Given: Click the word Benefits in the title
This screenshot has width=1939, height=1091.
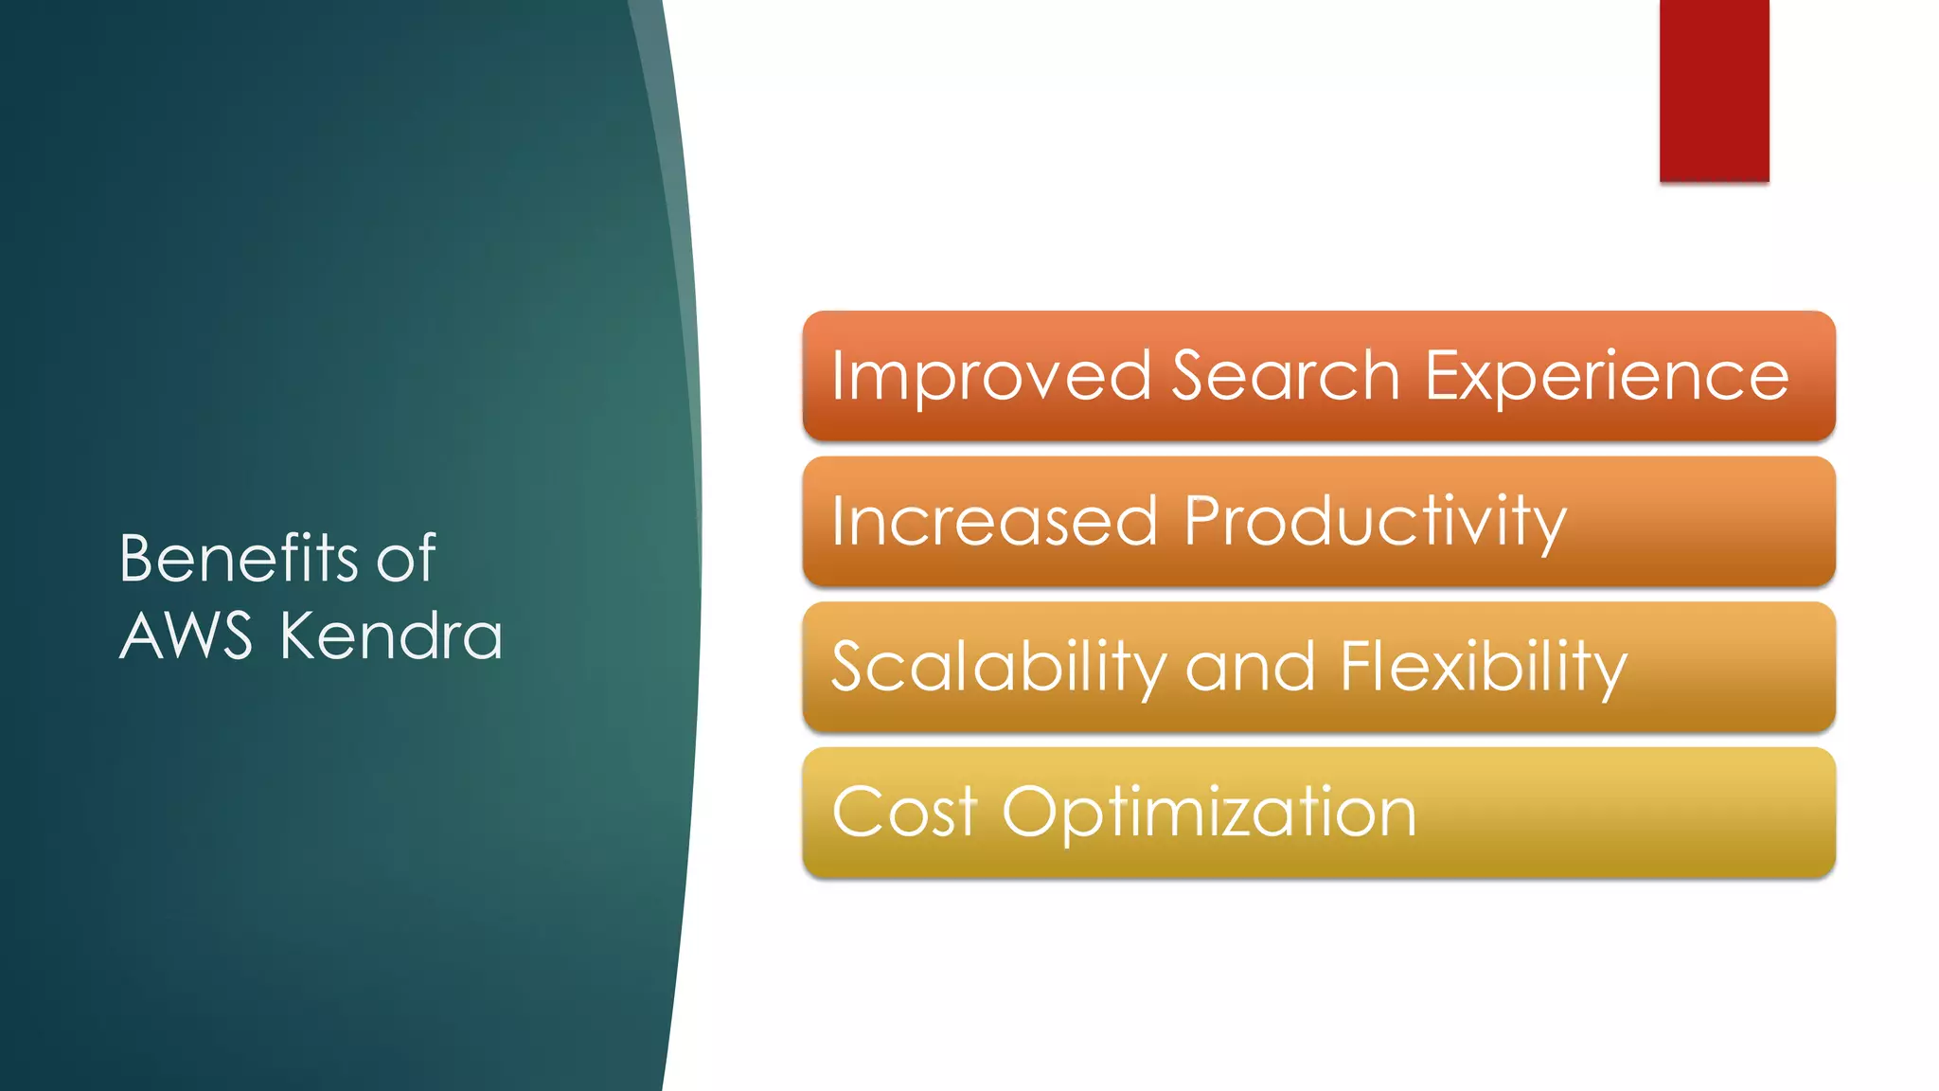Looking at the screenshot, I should pyautogui.click(x=239, y=558).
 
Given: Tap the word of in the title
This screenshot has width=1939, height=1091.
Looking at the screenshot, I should pyautogui.click(x=406, y=558).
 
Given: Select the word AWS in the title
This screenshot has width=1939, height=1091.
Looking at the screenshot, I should pyautogui.click(x=187, y=635).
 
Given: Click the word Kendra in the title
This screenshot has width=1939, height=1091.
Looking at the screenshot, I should pyautogui.click(x=390, y=635).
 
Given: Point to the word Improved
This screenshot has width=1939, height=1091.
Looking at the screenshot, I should pyautogui.click(x=990, y=376).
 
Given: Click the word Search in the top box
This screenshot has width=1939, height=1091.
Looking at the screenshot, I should pyautogui.click(x=1286, y=376).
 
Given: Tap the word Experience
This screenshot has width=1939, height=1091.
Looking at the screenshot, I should pyautogui.click(x=1607, y=376).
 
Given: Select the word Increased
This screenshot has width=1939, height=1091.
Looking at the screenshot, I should pyautogui.click(x=994, y=521).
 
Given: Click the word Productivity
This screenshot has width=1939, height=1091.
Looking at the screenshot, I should pyautogui.click(x=1375, y=521).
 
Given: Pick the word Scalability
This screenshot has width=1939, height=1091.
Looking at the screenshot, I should pyautogui.click(x=998, y=667).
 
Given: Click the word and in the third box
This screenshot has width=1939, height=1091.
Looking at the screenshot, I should pyautogui.click(x=1250, y=667).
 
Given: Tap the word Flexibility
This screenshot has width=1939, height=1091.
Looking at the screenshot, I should pyautogui.click(x=1483, y=667).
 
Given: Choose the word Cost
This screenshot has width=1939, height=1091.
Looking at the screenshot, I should pyautogui.click(x=904, y=812).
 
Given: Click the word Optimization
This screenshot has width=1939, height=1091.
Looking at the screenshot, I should pyautogui.click(x=1209, y=812).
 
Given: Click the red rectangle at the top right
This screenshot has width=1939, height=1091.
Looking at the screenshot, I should pyautogui.click(x=1714, y=90).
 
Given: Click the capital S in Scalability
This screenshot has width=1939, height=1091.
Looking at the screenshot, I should pyautogui.click(x=850, y=667).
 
